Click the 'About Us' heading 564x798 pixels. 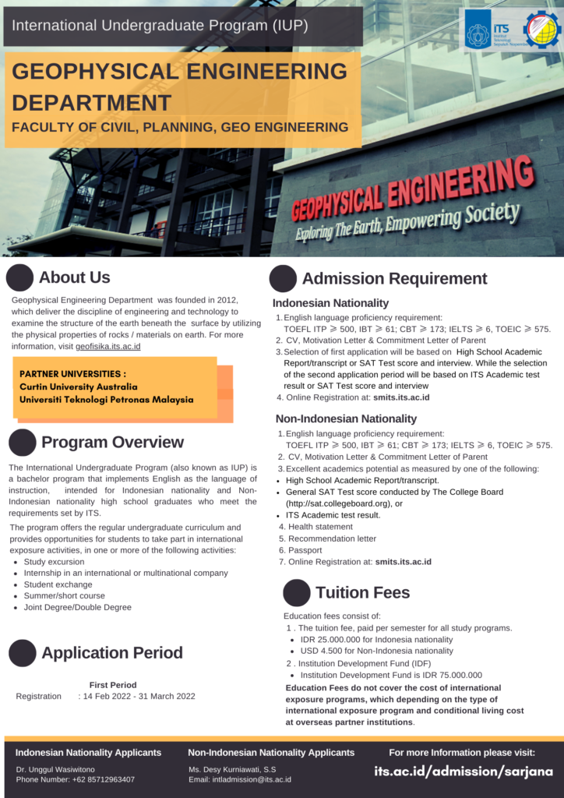(x=75, y=277)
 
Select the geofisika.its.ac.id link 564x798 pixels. (x=108, y=346)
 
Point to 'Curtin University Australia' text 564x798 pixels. (x=79, y=387)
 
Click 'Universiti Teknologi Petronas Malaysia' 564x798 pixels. (x=107, y=400)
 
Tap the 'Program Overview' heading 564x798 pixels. (x=112, y=443)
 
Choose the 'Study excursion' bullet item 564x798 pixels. (x=55, y=561)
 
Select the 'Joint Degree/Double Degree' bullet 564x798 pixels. (x=78, y=607)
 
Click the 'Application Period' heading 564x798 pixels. (x=112, y=653)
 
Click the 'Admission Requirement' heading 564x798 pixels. (x=394, y=279)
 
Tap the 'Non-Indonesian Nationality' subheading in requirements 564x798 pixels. (x=346, y=418)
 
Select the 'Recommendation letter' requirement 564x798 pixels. (x=332, y=538)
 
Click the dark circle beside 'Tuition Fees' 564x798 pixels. (x=297, y=593)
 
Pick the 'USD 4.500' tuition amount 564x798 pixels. (x=324, y=651)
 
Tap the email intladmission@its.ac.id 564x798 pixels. (x=251, y=779)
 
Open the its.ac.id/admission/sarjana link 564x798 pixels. (x=464, y=772)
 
